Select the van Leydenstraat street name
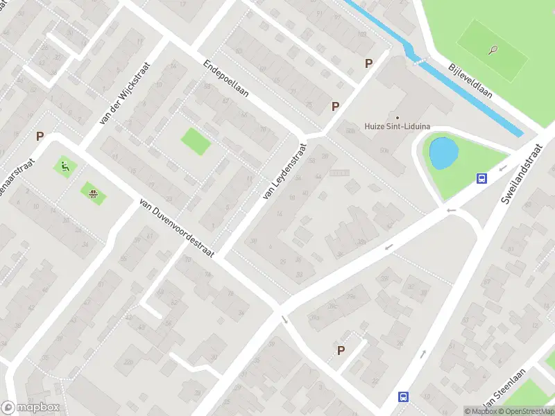(x=284, y=171)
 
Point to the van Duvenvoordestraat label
(x=177, y=228)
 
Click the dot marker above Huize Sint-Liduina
(x=398, y=116)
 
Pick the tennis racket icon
(x=493, y=50)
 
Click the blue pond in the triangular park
(x=442, y=152)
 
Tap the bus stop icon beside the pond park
(x=481, y=178)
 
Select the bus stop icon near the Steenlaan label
(x=403, y=397)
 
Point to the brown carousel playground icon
(x=92, y=192)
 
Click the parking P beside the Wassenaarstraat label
(x=40, y=137)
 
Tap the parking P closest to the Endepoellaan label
(x=336, y=106)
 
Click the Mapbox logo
(x=31, y=408)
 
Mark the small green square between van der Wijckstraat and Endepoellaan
(x=196, y=141)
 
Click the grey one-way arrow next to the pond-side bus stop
(x=452, y=209)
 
